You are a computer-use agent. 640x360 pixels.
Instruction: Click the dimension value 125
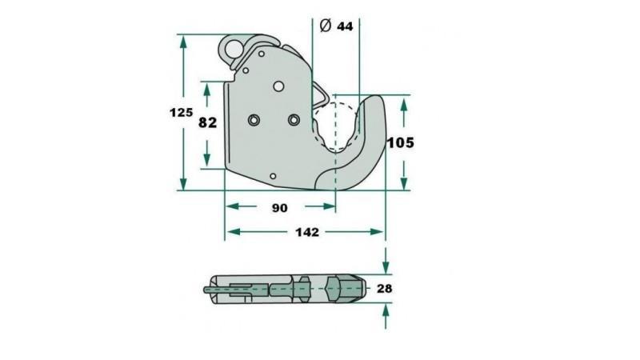(x=181, y=113)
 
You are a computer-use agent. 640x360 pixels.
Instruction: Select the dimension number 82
(x=207, y=122)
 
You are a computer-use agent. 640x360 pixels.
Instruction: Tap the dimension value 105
(x=400, y=143)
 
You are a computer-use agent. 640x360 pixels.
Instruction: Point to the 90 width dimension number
(x=279, y=208)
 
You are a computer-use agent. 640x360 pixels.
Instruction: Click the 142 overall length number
(x=306, y=233)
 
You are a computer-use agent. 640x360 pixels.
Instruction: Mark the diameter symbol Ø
(x=325, y=26)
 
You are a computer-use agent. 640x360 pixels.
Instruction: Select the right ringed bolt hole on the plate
(x=294, y=120)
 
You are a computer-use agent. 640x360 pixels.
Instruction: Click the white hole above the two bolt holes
(x=278, y=86)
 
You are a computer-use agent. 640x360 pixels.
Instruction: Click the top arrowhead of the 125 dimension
(x=184, y=40)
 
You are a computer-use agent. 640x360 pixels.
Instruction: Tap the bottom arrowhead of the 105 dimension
(x=403, y=183)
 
